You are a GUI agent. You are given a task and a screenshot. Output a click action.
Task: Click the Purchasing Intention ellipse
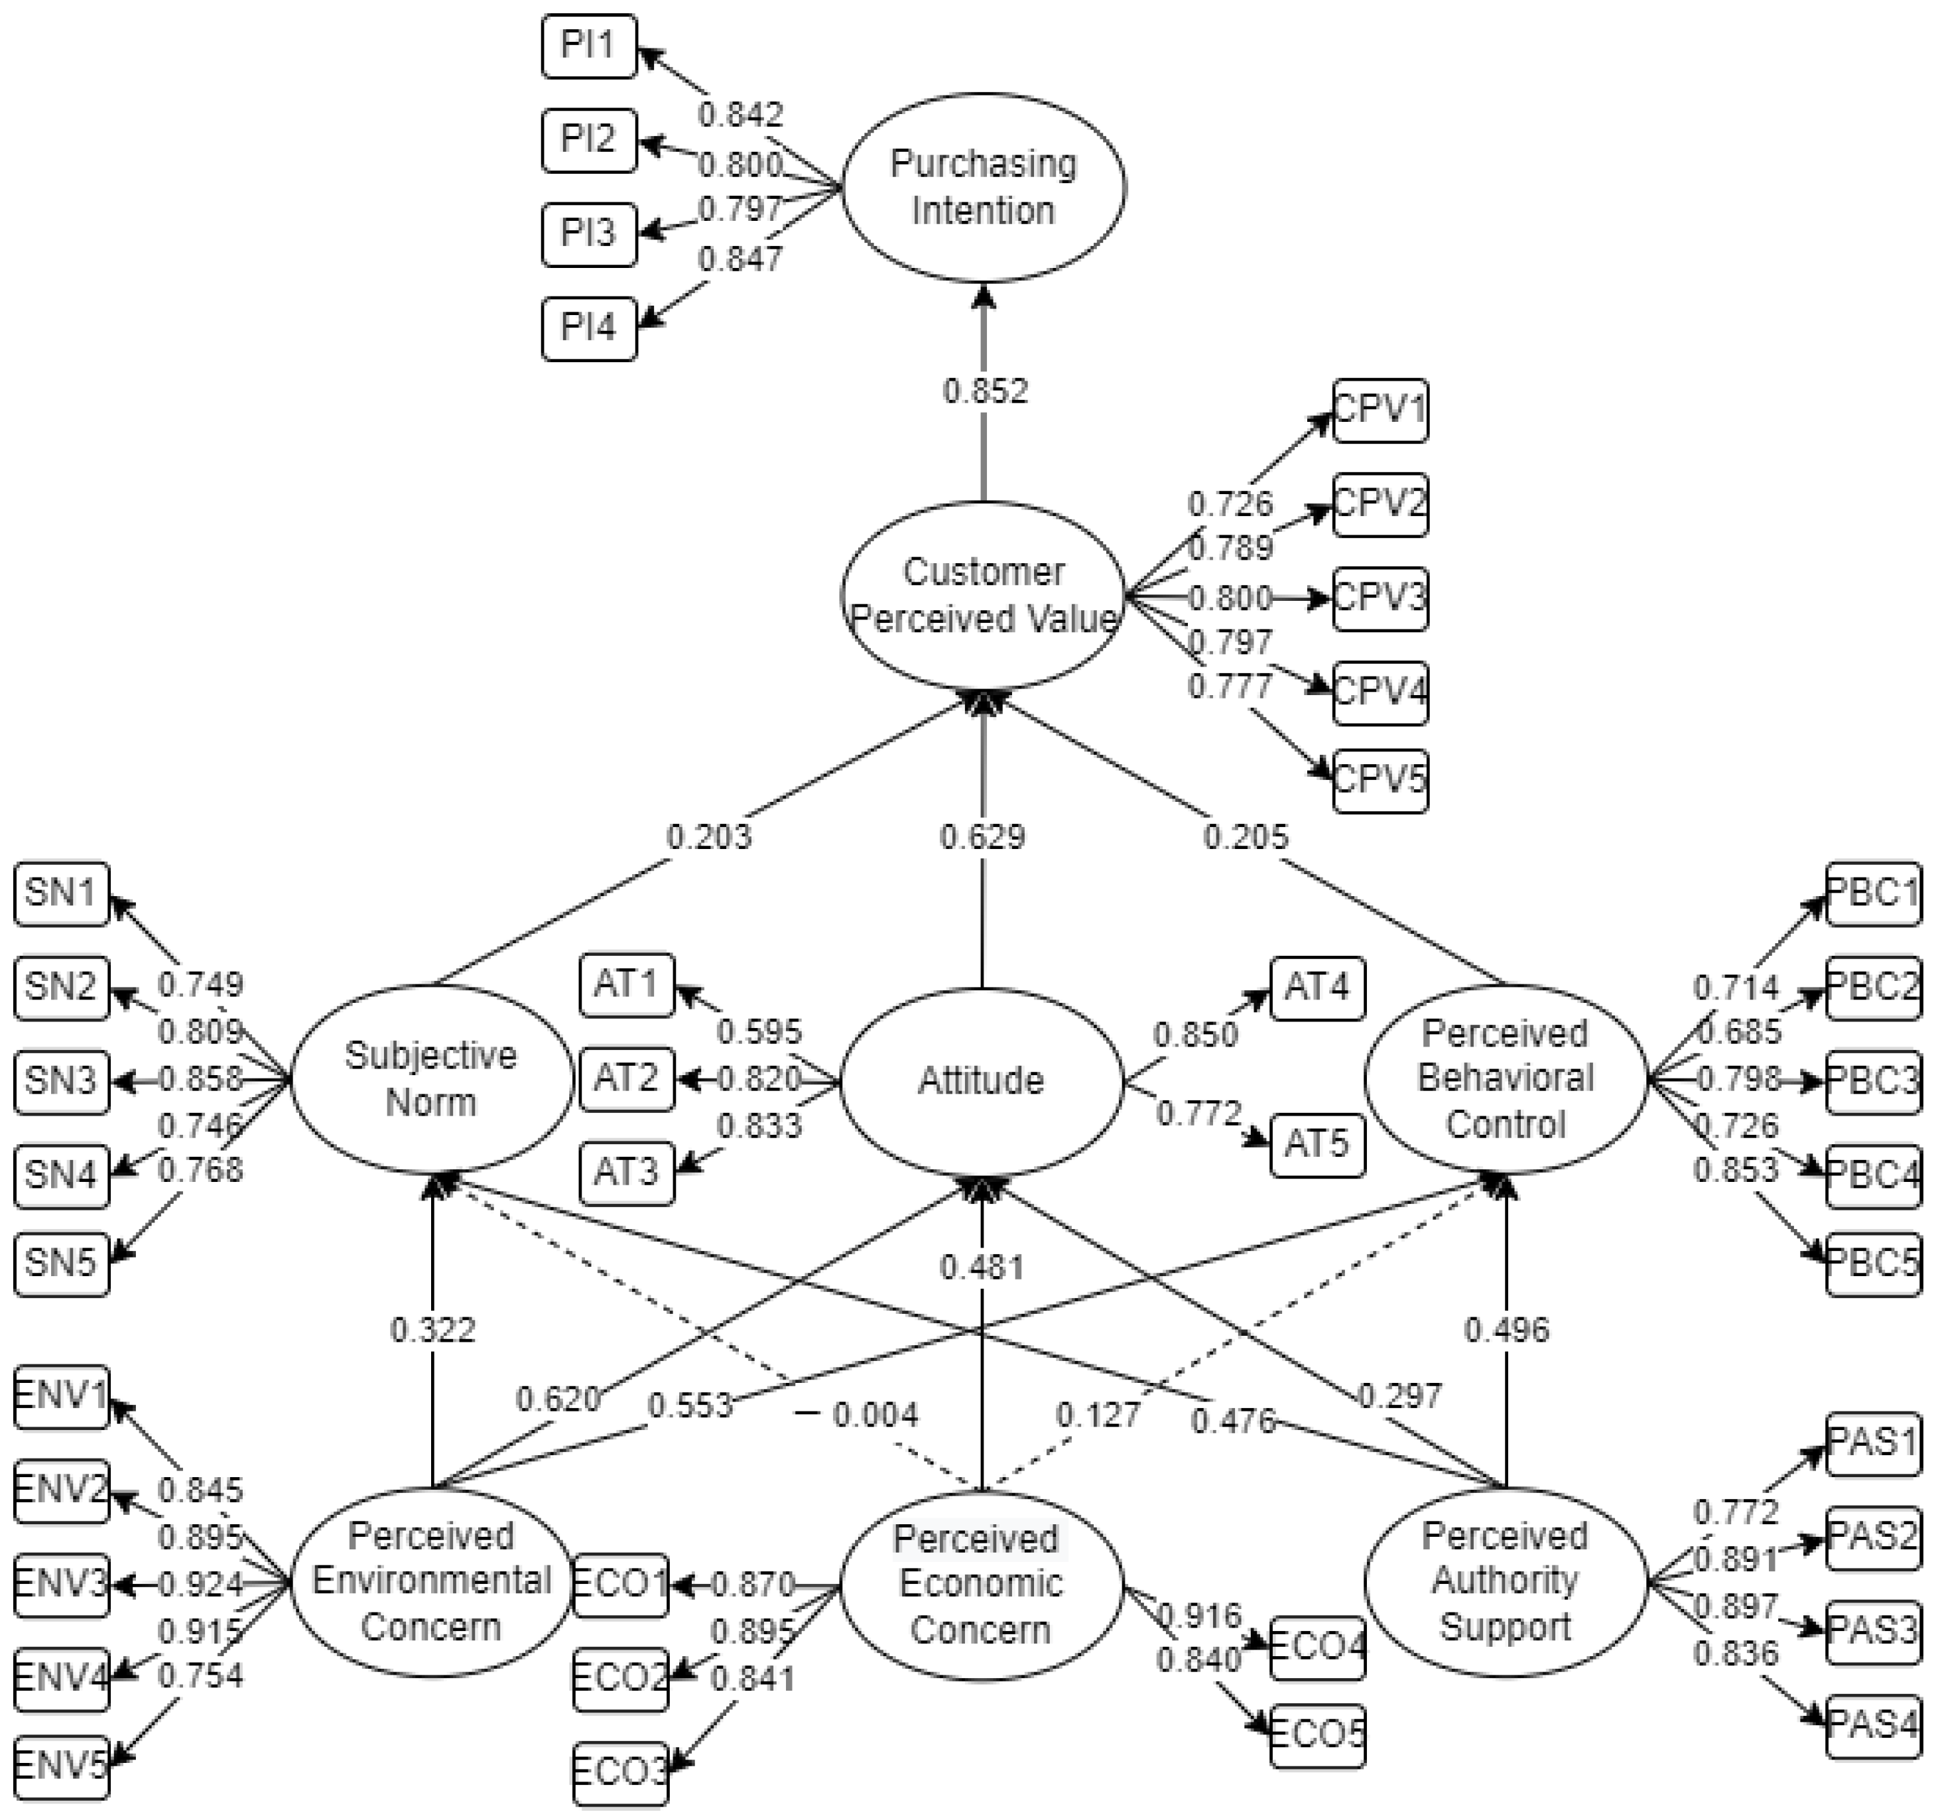coord(984,187)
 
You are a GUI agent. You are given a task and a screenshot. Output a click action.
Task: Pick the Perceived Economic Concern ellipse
coord(981,1583)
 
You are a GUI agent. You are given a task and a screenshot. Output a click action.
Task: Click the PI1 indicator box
coord(588,45)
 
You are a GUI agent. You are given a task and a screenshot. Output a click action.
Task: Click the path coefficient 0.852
coord(984,391)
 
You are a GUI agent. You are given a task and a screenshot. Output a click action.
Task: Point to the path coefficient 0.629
coord(982,836)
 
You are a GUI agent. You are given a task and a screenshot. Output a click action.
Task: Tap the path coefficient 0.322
coord(432,1329)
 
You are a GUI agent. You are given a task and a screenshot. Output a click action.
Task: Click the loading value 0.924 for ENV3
coord(200,1585)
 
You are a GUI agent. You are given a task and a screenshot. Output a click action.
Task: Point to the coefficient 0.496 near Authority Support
coord(1506,1329)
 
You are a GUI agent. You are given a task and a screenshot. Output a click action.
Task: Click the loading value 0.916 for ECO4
coord(1198,1616)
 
